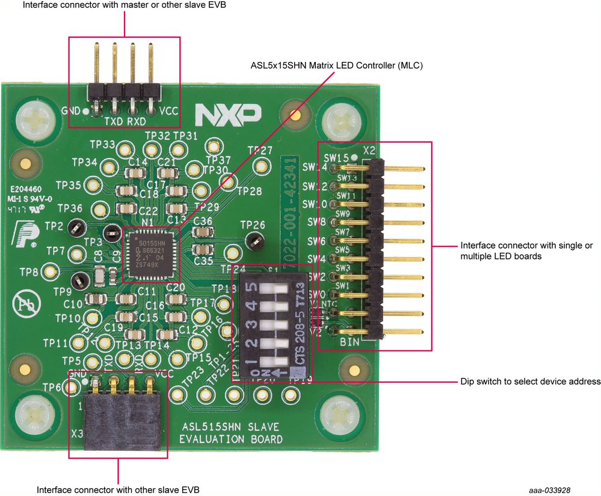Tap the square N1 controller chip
(x=146, y=255)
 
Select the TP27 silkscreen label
(x=260, y=150)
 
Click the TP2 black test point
(x=76, y=227)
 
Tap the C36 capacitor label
(x=203, y=222)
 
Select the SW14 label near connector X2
(x=315, y=167)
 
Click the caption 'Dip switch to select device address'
(x=530, y=382)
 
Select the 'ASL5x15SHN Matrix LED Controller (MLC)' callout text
(x=337, y=65)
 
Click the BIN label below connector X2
(x=350, y=343)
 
